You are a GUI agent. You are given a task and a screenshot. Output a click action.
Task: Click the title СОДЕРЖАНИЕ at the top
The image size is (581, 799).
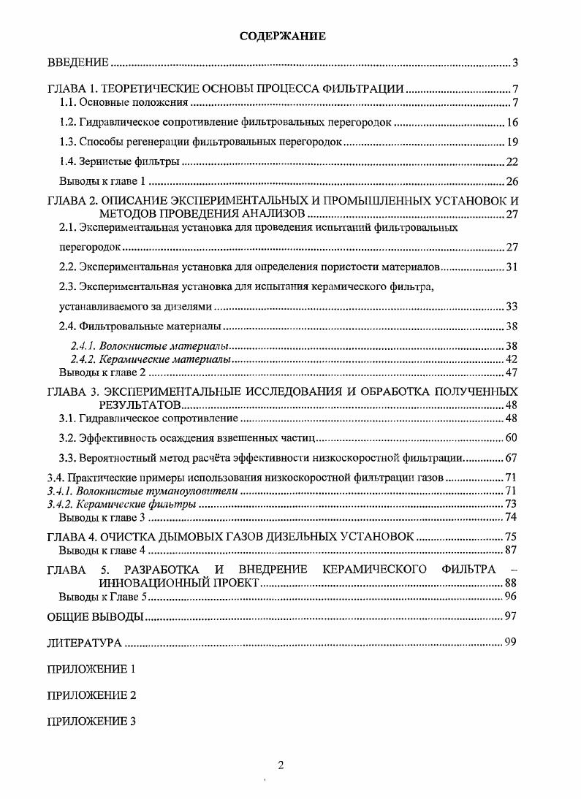coord(282,36)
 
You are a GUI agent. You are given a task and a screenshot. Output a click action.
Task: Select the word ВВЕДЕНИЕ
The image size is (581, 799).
coord(78,63)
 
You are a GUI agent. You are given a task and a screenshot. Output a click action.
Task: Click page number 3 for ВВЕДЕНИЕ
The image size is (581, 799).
coord(514,63)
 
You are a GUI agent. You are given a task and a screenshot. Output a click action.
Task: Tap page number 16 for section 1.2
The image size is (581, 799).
coord(512,122)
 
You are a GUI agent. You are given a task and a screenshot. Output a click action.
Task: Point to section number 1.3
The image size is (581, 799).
coord(67,142)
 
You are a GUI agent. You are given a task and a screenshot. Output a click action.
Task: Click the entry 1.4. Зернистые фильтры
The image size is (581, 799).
coord(119,161)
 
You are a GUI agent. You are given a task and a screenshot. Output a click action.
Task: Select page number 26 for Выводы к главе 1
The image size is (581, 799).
coord(512,181)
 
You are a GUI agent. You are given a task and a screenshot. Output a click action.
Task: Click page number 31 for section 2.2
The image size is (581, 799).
coord(512,267)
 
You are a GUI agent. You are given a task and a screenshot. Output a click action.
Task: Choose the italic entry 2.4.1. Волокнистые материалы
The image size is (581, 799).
coord(149,345)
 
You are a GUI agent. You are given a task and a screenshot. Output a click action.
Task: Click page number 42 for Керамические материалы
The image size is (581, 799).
coord(512,359)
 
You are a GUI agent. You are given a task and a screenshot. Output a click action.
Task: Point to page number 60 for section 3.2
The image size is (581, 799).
coord(512,438)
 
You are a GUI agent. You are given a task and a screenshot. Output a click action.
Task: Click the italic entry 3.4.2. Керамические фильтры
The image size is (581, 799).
coord(121,504)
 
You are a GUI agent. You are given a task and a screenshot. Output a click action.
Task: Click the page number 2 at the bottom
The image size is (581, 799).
coord(281,765)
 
